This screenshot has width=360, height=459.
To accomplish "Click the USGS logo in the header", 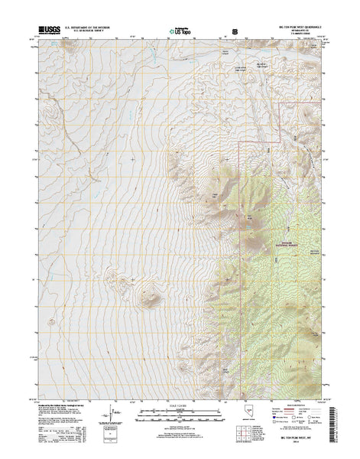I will [x=47, y=32].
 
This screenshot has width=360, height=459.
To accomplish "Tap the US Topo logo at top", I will [x=181, y=33].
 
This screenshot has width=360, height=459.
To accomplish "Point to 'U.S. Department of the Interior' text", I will [x=89, y=28].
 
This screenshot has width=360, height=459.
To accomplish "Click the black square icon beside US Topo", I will [x=235, y=33].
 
